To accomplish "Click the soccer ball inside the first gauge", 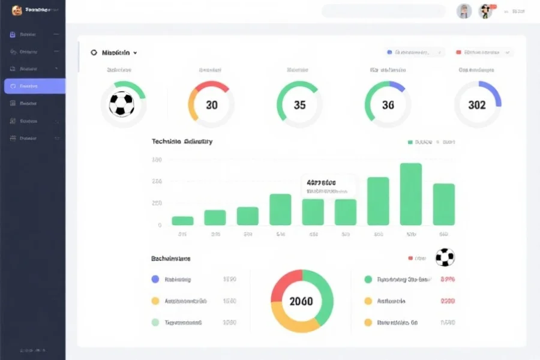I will [122, 105].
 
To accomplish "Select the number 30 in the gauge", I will [212, 105].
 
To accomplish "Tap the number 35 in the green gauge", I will [300, 105].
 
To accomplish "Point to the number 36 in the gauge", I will [388, 105].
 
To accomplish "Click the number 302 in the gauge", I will [477, 105].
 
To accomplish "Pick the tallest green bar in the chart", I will [411, 194].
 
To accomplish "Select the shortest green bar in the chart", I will [182, 220].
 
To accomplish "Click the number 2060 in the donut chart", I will [301, 301].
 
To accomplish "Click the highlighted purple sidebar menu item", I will [34, 86].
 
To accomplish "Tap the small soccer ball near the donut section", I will [445, 257].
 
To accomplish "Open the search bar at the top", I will [384, 11].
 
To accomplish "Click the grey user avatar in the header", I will [464, 11].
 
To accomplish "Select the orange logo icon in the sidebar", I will [17, 10].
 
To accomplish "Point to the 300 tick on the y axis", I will [157, 160].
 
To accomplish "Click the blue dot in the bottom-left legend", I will [155, 279].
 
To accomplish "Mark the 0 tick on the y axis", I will [160, 225].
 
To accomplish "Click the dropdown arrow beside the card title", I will [136, 53].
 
